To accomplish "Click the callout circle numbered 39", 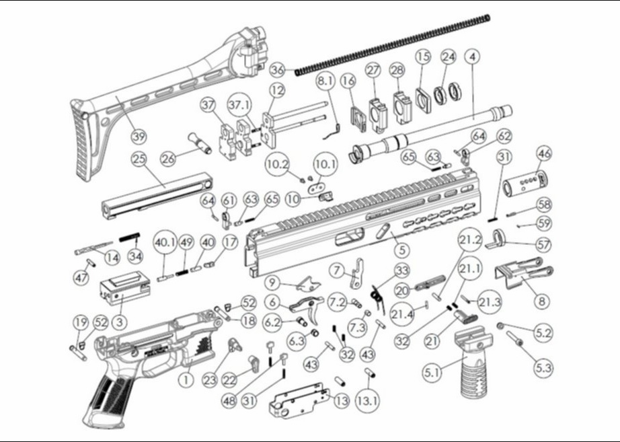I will point(138,137).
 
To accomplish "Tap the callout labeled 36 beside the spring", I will point(278,69).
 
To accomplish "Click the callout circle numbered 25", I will point(139,160).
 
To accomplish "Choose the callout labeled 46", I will point(543,153).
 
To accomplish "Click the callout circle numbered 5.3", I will point(543,368).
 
